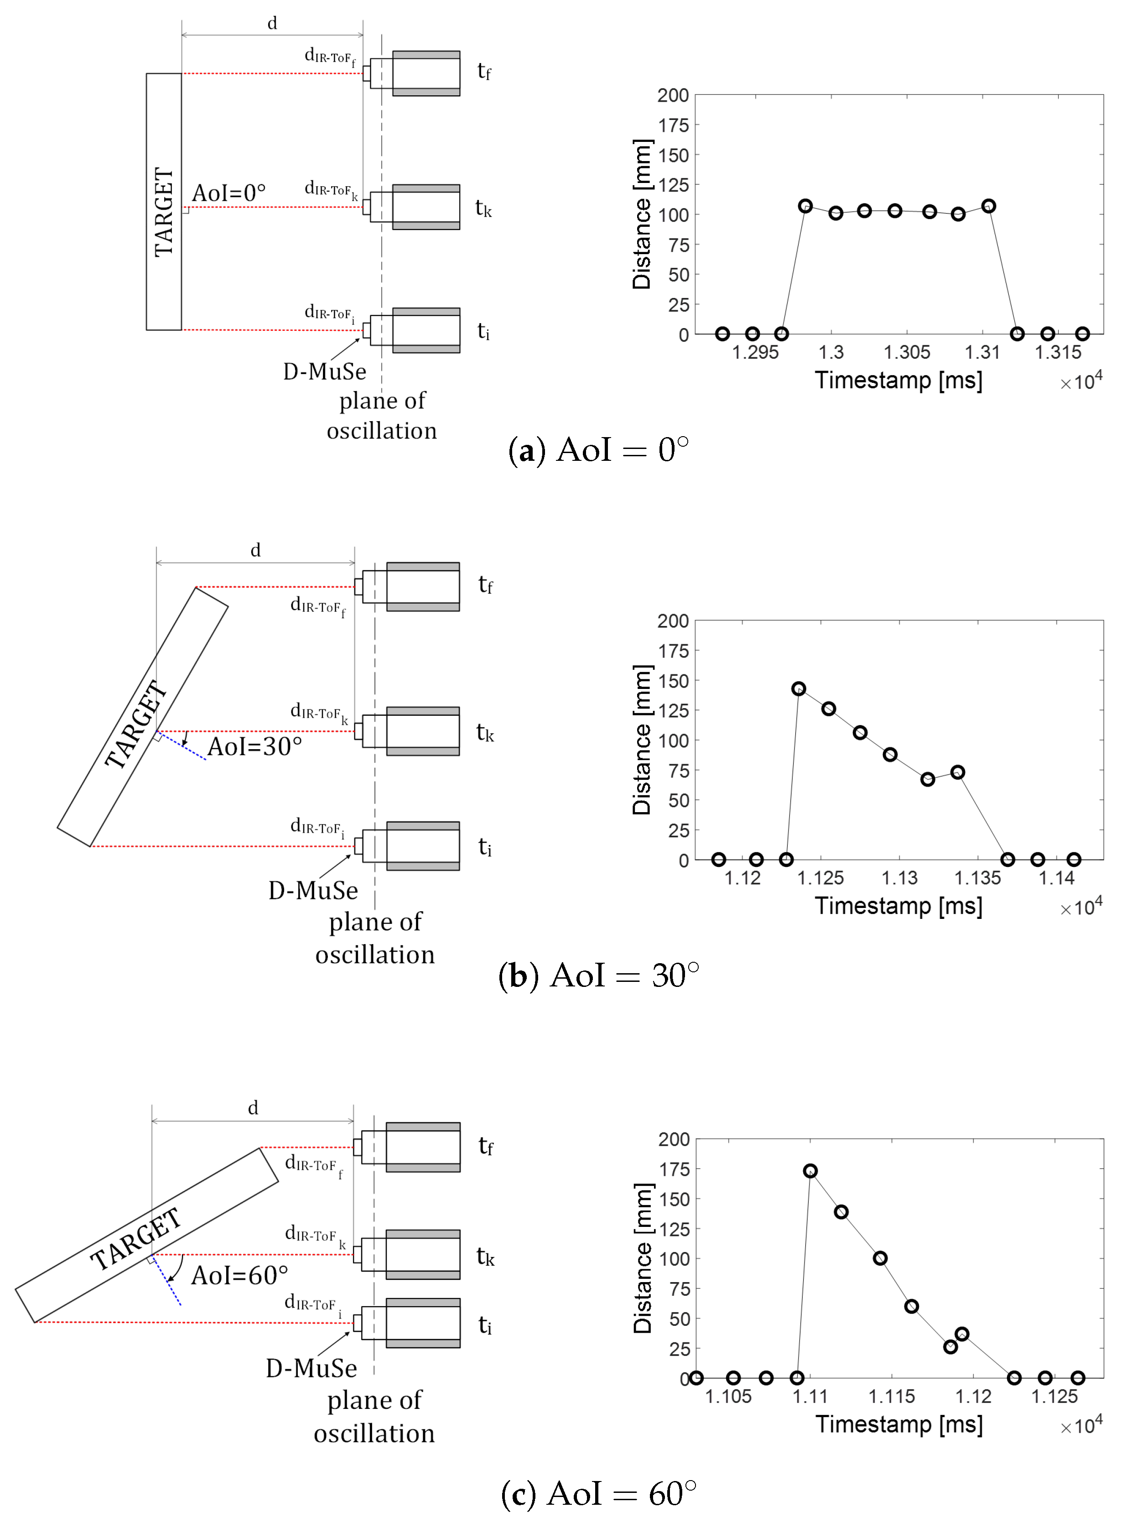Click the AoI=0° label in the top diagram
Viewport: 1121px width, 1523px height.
click(228, 193)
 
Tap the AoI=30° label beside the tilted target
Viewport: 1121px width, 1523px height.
click(254, 746)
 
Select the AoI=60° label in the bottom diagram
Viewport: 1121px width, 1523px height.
click(239, 1275)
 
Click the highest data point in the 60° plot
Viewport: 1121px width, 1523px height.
click(810, 1171)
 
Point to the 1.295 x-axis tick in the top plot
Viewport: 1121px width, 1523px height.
click(755, 352)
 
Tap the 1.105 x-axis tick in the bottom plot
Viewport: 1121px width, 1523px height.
click(728, 1396)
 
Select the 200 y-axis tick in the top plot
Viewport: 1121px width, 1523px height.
click(673, 96)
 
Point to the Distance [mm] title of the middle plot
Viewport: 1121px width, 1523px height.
click(642, 740)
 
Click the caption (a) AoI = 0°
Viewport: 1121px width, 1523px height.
click(598, 450)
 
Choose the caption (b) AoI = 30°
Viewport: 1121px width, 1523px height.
click(598, 975)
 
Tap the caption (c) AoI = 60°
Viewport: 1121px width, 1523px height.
click(598, 1494)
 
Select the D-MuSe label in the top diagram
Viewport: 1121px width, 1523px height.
click(324, 371)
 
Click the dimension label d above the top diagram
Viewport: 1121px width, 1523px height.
click(272, 24)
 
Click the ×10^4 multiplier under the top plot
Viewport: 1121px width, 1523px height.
click(1081, 381)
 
